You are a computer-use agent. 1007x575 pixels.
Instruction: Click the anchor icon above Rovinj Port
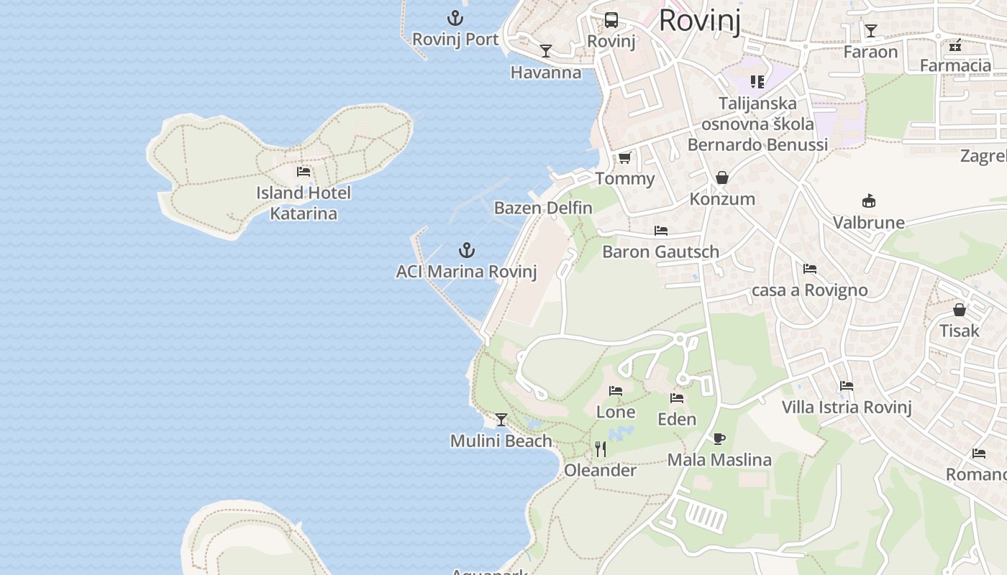coord(455,18)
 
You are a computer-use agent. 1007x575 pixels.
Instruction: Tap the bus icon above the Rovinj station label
coord(611,20)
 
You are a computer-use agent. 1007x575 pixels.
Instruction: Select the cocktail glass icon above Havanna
coord(546,50)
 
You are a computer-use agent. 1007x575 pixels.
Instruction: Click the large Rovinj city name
coord(699,20)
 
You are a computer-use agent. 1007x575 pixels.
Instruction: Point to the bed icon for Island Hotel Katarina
coord(304,172)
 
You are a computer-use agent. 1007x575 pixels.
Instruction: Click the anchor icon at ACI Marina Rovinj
coord(467,250)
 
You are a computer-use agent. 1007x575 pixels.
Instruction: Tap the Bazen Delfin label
coord(543,208)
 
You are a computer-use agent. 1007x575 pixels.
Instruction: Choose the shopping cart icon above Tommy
coord(624,157)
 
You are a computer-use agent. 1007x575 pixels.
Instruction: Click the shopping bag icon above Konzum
coord(721,178)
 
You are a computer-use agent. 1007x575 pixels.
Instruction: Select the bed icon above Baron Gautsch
coord(661,231)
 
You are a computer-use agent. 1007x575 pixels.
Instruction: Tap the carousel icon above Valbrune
coord(869,201)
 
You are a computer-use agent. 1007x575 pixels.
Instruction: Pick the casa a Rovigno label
coord(809,290)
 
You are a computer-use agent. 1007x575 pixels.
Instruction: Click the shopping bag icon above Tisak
coord(959,310)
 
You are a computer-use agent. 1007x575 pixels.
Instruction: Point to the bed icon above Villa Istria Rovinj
coord(847,386)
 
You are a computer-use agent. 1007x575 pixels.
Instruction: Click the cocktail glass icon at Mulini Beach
coord(501,419)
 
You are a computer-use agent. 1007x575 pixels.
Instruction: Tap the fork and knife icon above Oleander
coord(601,449)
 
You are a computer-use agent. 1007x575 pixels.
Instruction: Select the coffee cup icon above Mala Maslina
coord(719,438)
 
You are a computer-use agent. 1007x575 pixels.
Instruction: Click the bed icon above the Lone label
coord(616,391)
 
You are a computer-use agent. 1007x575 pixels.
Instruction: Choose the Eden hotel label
coord(677,419)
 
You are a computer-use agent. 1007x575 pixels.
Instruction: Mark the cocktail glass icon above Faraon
coord(870,30)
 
